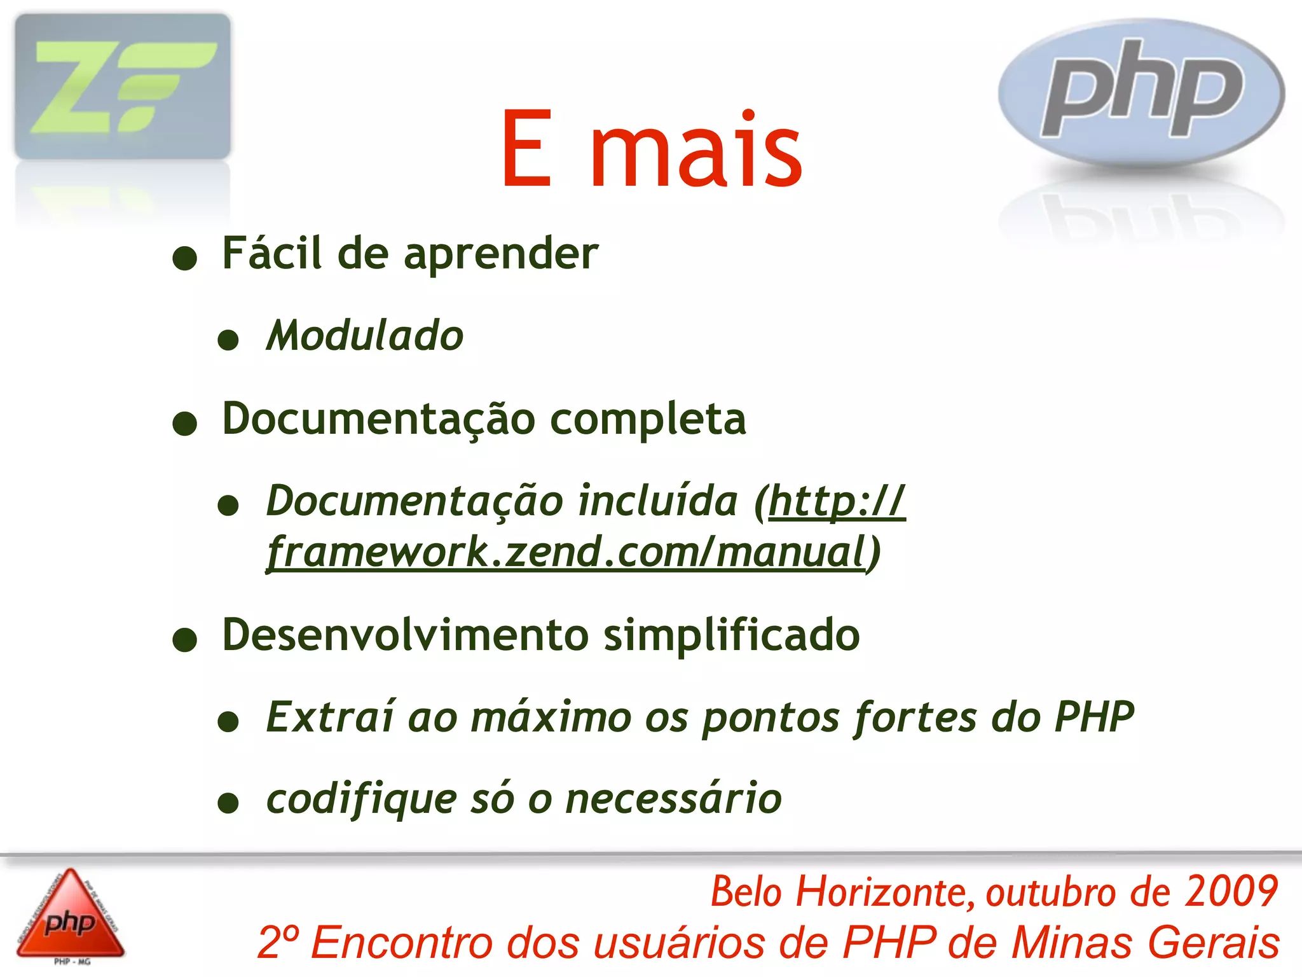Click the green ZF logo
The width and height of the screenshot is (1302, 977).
[x=123, y=87]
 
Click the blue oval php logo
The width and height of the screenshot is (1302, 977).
[x=1141, y=93]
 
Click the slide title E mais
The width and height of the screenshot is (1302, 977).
[x=652, y=150]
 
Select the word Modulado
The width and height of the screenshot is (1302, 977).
[x=365, y=335]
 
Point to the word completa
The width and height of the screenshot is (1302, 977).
[x=648, y=420]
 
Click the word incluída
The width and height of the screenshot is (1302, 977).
[x=658, y=501]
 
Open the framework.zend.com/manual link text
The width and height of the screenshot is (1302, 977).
[x=566, y=551]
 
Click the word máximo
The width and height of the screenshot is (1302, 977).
[x=551, y=717]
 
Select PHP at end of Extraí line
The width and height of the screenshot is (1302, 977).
[x=1094, y=717]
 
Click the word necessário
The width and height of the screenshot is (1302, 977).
[x=673, y=798]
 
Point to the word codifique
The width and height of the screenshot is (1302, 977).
[x=361, y=800]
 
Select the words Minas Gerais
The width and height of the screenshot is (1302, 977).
[x=1145, y=942]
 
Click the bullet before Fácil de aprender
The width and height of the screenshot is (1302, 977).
[x=185, y=258]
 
